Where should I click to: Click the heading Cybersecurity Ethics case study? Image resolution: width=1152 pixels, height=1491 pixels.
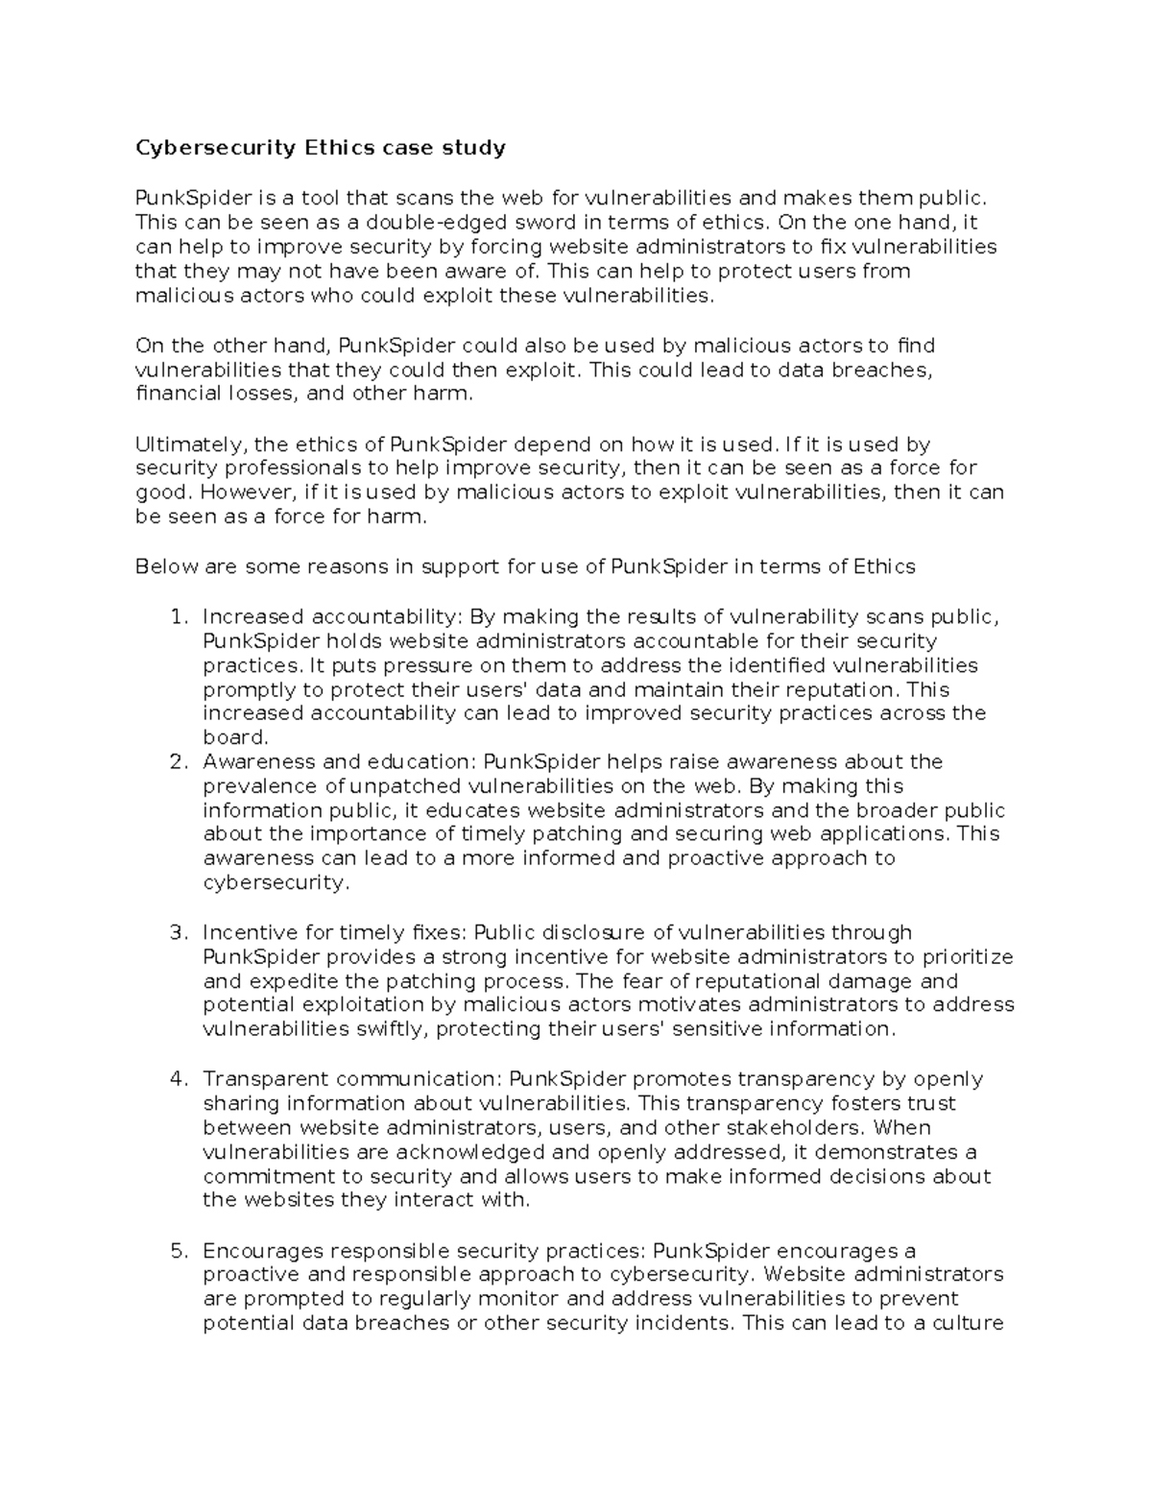point(320,148)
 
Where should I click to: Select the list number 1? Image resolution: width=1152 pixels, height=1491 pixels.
point(177,617)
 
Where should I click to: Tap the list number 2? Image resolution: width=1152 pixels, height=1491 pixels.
point(177,762)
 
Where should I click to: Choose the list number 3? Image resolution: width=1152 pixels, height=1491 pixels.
point(177,933)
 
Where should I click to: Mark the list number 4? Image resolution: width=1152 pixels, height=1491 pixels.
point(177,1079)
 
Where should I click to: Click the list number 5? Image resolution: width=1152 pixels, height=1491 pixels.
point(177,1251)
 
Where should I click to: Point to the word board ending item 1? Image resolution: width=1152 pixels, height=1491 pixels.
point(233,737)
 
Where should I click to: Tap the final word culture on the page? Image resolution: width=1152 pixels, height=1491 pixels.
point(969,1323)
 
